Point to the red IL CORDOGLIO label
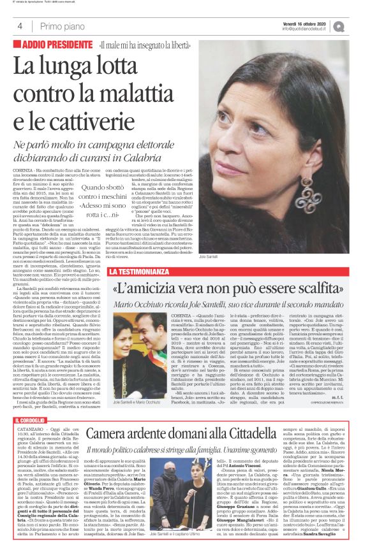tap(35, 422)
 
